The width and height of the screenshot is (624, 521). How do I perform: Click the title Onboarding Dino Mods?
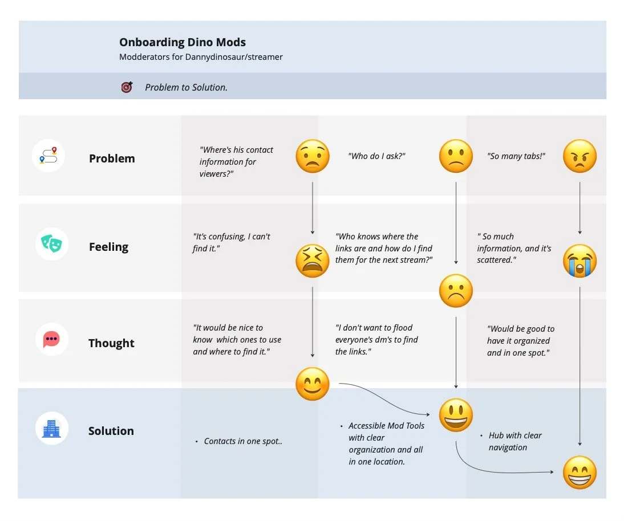coord(183,42)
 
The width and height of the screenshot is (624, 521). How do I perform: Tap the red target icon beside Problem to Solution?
coord(127,87)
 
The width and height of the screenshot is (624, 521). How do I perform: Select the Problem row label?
coord(112,158)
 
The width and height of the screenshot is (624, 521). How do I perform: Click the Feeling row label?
coord(108,247)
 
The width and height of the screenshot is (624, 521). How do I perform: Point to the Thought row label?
coord(111,343)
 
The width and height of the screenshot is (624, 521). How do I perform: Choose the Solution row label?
coord(111,431)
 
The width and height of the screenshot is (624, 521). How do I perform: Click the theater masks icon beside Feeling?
coord(52,244)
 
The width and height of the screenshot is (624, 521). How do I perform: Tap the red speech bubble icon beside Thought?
coord(52,339)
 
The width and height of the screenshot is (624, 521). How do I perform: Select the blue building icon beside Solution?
coord(52,429)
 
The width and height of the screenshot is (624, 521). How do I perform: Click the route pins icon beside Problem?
coord(49,156)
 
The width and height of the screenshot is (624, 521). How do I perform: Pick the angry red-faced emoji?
coord(580,156)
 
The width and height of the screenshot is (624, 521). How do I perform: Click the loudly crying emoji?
coord(580,260)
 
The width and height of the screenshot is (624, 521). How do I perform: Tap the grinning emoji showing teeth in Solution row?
coord(580,473)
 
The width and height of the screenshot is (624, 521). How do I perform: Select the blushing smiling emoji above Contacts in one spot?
coord(313,384)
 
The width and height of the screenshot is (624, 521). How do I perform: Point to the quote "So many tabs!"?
coord(516,156)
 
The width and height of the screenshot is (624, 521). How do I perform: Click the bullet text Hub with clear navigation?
coord(515,441)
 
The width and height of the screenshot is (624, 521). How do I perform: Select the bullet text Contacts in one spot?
coord(243,441)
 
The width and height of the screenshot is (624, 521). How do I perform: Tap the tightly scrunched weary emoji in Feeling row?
coord(313,261)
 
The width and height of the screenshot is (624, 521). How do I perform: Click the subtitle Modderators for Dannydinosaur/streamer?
coord(201,57)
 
